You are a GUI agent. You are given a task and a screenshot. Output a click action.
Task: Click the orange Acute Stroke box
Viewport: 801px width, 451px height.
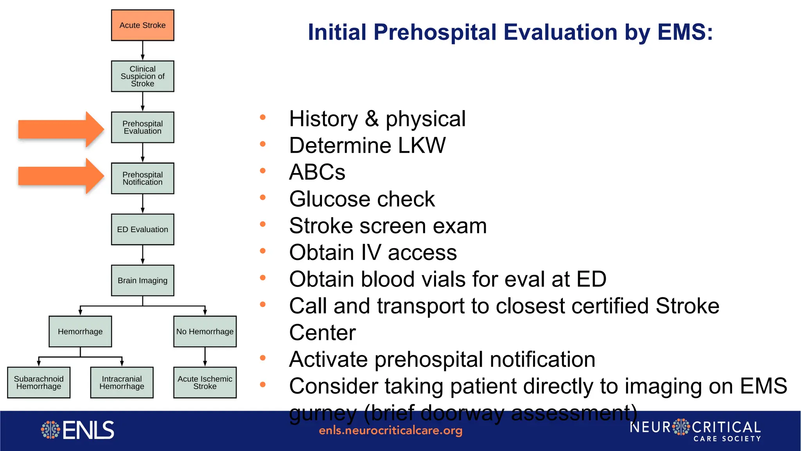point(142,25)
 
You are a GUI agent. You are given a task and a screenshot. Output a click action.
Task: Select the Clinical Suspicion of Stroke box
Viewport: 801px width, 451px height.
point(142,76)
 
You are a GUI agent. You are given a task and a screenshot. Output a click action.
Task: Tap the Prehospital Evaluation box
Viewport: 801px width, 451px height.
point(142,127)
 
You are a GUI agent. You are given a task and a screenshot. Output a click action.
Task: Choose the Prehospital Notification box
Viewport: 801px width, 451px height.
point(142,179)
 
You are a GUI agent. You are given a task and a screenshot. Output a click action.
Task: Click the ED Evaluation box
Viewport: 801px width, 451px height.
point(142,229)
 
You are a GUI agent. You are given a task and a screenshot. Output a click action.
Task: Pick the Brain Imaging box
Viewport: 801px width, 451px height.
point(142,280)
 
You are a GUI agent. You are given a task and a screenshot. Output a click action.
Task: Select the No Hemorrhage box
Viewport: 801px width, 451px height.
point(205,332)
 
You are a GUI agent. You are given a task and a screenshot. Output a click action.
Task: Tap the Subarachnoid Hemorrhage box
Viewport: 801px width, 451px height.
point(39,382)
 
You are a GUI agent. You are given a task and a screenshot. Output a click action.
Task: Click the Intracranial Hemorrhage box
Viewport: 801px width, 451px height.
point(122,382)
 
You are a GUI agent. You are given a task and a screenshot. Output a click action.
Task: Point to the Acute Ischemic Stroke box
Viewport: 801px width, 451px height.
point(205,382)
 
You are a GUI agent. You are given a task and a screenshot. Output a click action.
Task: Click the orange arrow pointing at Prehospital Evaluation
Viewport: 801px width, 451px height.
point(61,129)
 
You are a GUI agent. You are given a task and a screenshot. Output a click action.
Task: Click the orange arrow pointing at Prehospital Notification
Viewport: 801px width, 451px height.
point(61,176)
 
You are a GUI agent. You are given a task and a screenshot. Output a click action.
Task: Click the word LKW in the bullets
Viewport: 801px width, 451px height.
point(421,146)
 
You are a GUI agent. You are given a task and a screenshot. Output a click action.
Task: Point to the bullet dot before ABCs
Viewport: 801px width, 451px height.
point(263,171)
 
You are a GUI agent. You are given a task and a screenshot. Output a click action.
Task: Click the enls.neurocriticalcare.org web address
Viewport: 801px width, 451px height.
point(390,431)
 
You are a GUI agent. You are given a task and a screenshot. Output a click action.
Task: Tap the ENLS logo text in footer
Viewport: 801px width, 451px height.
point(88,430)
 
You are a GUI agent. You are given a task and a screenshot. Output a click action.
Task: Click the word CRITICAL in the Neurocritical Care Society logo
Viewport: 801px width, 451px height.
point(726,427)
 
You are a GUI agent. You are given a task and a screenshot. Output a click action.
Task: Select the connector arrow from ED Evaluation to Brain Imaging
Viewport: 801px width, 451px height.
point(142,255)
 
